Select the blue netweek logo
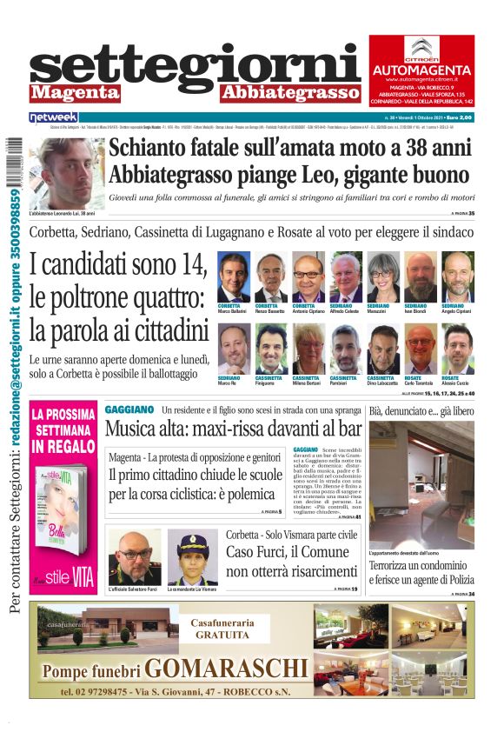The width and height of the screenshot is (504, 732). pyautogui.click(x=54, y=116)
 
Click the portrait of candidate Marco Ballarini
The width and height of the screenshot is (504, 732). pyautogui.click(x=233, y=276)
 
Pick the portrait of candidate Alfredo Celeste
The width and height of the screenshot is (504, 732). pyautogui.click(x=345, y=276)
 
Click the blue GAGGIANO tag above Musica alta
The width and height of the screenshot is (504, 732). pyautogui.click(x=129, y=409)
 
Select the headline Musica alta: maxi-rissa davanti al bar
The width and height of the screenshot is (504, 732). pyautogui.click(x=233, y=429)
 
